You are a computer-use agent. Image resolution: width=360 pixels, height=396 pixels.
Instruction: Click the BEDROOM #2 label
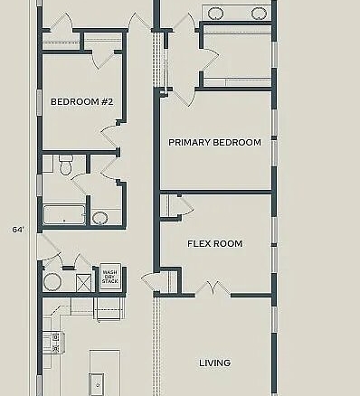point(81,102)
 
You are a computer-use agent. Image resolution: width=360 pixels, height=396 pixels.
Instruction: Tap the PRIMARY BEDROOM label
point(214,142)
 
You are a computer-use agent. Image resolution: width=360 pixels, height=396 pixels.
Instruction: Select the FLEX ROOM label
point(214,243)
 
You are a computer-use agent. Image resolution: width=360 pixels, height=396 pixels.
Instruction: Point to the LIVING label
point(214,363)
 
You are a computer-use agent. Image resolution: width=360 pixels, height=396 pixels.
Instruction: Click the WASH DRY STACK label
point(110,277)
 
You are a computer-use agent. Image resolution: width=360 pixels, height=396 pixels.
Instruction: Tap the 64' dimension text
point(18,230)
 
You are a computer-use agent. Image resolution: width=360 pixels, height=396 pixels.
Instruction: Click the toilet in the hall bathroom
point(65,165)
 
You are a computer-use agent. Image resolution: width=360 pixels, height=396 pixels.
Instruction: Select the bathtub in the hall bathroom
point(64,214)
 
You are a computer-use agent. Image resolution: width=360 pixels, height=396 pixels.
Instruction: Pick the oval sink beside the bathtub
point(99,218)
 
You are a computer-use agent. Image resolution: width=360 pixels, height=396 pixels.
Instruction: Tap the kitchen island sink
point(97,384)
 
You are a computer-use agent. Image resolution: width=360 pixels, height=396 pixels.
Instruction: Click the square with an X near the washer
point(83,283)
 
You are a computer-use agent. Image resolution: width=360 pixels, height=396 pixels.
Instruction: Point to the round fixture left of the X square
point(52,282)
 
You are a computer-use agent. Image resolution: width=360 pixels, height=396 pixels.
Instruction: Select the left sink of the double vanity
point(215,13)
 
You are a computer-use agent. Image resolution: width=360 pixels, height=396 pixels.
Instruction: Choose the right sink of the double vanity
point(259,13)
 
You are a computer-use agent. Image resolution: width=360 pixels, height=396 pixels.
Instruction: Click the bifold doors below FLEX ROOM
point(213,288)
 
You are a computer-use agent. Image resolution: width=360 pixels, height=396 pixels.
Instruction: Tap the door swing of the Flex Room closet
point(187,206)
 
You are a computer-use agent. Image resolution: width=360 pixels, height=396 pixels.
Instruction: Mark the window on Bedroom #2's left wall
point(39,102)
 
